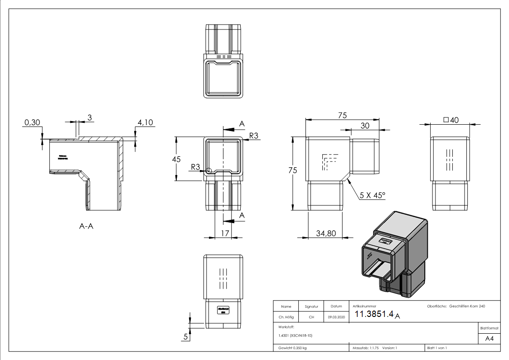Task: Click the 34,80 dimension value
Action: [x=325, y=233]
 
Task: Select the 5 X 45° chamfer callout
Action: [x=372, y=195]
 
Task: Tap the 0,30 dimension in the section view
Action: [x=33, y=122]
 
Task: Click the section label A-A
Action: [x=86, y=226]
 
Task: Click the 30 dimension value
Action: [x=364, y=125]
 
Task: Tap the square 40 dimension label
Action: [x=451, y=120]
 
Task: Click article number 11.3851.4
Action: [x=373, y=315]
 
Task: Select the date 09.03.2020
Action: [x=336, y=317]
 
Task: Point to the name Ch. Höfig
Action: [x=286, y=317]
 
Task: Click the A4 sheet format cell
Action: [x=489, y=338]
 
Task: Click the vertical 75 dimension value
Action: [x=293, y=170]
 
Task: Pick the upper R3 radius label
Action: [x=254, y=136]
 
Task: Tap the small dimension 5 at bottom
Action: [x=185, y=336]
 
